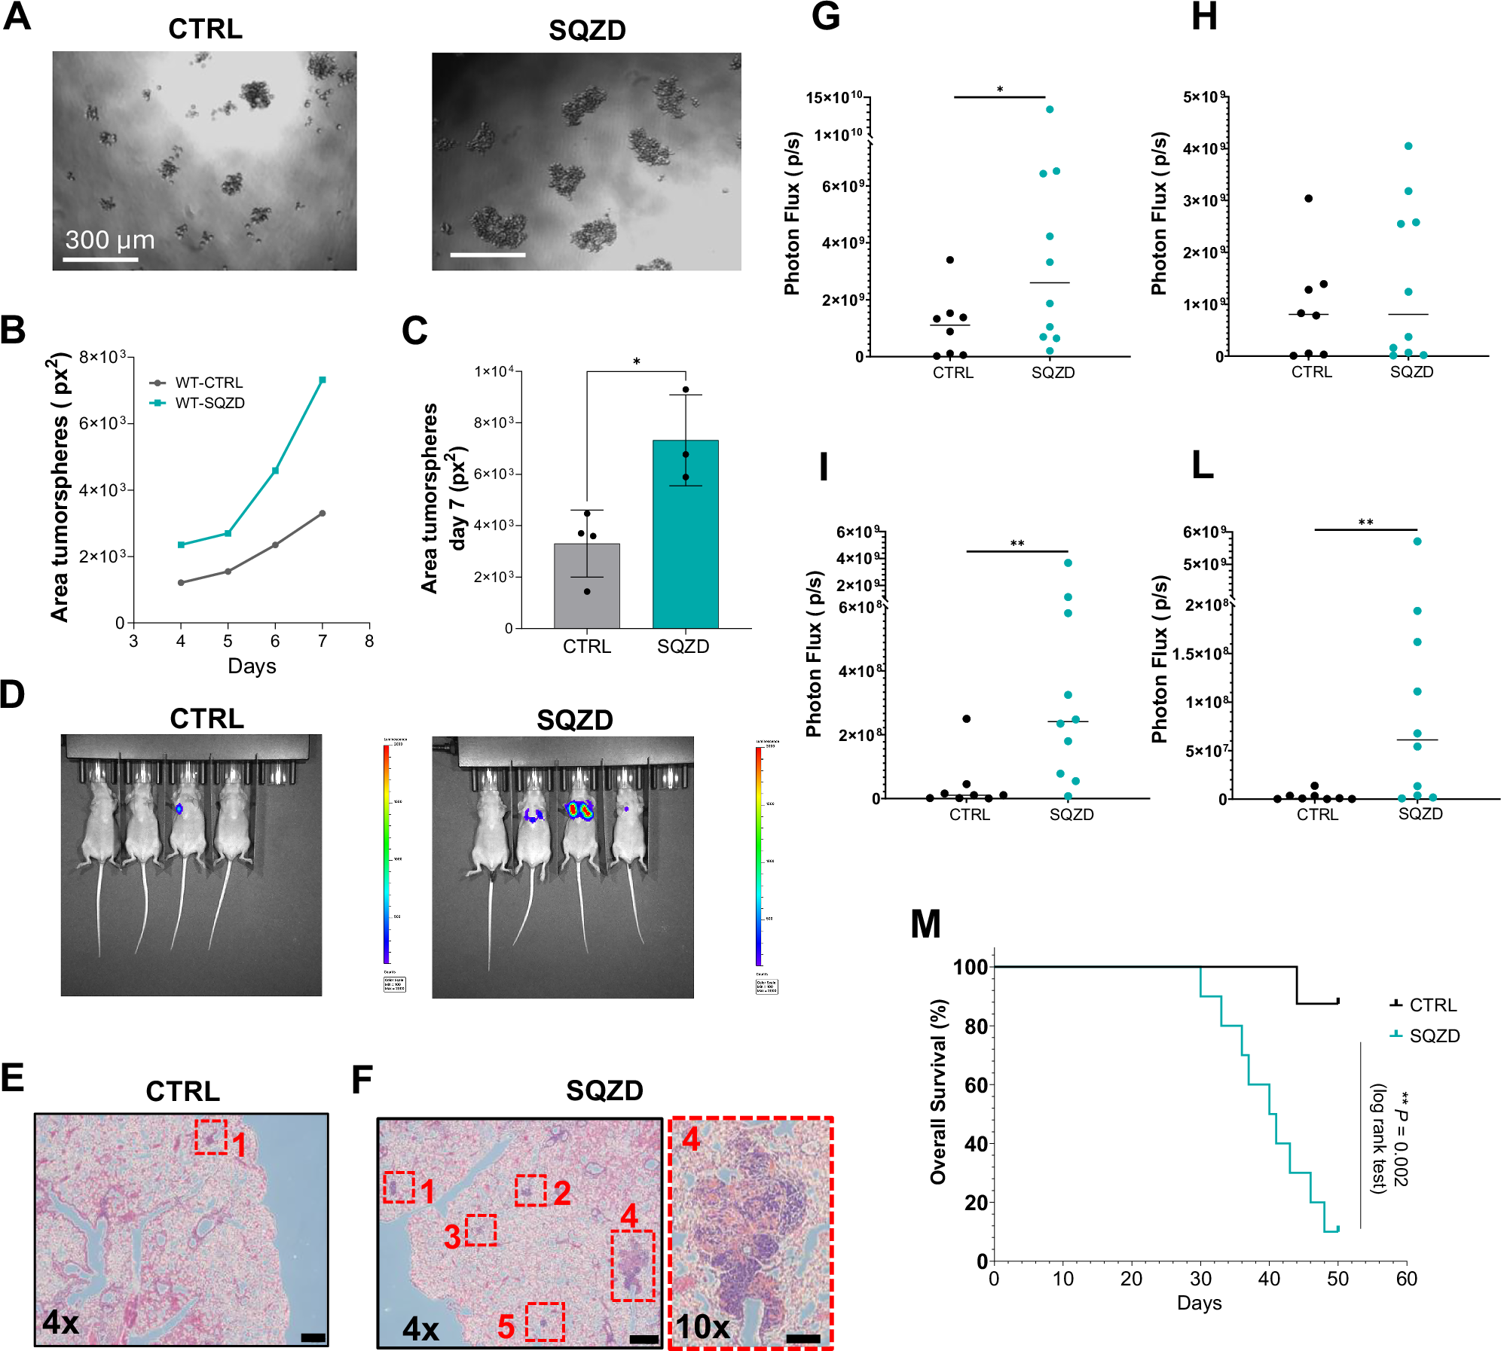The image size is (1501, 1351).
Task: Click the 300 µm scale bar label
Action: [110, 239]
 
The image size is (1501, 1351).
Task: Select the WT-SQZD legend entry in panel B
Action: [209, 403]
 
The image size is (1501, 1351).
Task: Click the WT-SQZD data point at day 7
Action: [323, 380]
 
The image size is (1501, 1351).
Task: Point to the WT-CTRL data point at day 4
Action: [181, 582]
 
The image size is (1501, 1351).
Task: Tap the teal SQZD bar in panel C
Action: [685, 542]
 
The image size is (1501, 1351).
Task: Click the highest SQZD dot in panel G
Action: [1050, 109]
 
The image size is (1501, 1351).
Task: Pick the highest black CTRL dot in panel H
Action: [1308, 198]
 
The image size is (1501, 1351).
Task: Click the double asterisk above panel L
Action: [1365, 522]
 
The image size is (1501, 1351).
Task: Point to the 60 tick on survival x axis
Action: [1406, 1279]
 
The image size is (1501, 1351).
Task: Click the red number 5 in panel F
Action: [506, 1327]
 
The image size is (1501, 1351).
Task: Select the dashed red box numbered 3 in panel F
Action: [481, 1230]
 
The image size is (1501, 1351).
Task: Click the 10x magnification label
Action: [702, 1327]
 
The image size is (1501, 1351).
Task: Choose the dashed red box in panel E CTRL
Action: [210, 1136]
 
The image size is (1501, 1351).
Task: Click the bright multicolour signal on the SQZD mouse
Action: [579, 810]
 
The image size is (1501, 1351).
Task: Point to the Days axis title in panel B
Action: [252, 666]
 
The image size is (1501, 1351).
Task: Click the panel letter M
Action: [925, 923]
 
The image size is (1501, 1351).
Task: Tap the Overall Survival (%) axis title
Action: [937, 1091]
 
